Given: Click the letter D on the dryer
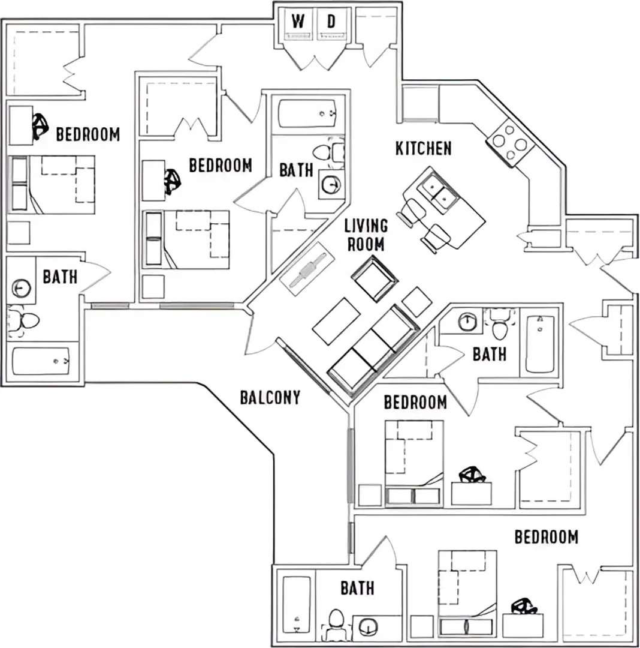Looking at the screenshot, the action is pyautogui.click(x=331, y=21).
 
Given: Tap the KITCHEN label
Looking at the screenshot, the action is pyautogui.click(x=423, y=148).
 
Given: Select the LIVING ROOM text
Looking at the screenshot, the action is pyautogui.click(x=366, y=235).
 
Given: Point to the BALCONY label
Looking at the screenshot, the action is pyautogui.click(x=270, y=397).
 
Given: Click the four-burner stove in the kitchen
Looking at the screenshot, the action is pyautogui.click(x=511, y=143).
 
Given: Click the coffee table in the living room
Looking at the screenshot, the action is pyautogui.click(x=336, y=321).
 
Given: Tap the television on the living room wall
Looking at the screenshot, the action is pyautogui.click(x=307, y=269).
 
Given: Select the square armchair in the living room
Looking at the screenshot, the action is pyautogui.click(x=375, y=278).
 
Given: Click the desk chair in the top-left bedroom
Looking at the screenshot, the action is pyautogui.click(x=40, y=126).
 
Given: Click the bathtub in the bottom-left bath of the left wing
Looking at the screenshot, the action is pyautogui.click(x=41, y=361).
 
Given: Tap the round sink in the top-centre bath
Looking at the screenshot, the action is pyautogui.click(x=331, y=184).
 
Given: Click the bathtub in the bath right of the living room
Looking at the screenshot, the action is pyautogui.click(x=540, y=344).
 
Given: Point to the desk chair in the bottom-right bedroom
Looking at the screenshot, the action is pyautogui.click(x=524, y=606).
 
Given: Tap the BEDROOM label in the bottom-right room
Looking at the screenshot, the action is pyautogui.click(x=547, y=537).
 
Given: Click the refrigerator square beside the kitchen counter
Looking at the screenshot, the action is pyautogui.click(x=419, y=103).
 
